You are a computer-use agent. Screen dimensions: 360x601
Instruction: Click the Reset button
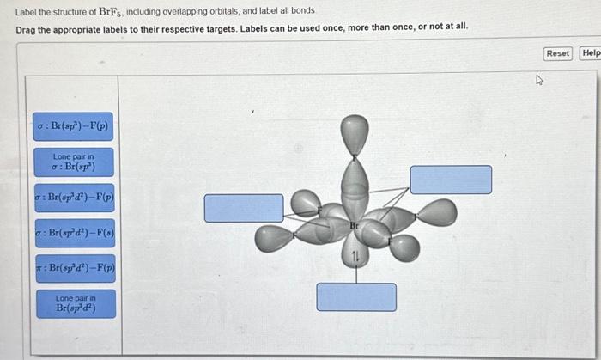coord(557,53)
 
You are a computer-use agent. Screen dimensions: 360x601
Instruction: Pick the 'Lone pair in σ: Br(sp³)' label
coord(74,162)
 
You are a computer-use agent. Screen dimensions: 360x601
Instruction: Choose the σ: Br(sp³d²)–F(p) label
coord(74,198)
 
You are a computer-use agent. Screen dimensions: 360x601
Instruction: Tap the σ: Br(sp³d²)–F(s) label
coord(74,233)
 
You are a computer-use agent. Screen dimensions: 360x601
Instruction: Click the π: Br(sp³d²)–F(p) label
coord(74,268)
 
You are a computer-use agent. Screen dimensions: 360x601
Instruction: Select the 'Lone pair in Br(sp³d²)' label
coord(74,303)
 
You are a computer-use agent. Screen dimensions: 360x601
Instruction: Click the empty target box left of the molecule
coord(243,208)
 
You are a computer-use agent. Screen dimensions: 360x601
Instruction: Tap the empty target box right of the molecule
coord(451,180)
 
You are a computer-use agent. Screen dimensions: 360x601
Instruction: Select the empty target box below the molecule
coord(356,296)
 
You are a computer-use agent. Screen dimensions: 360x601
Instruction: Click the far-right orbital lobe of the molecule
coord(437,212)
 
